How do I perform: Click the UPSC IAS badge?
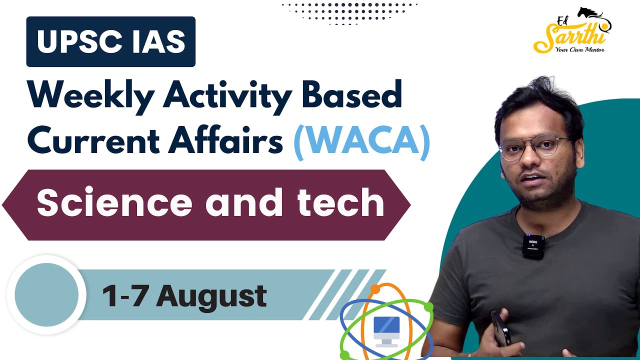(x=111, y=41)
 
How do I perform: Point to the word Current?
(x=93, y=140)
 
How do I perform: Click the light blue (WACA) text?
(x=362, y=141)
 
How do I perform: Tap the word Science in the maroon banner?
(x=114, y=202)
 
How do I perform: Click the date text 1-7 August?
(x=184, y=296)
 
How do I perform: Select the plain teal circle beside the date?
(x=46, y=295)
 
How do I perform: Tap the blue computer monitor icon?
(x=386, y=332)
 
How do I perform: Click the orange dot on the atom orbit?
(x=375, y=289)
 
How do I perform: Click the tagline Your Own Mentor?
(x=579, y=49)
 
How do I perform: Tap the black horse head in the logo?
(x=589, y=13)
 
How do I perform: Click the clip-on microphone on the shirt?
(x=533, y=246)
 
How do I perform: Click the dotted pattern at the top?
(x=349, y=13)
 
